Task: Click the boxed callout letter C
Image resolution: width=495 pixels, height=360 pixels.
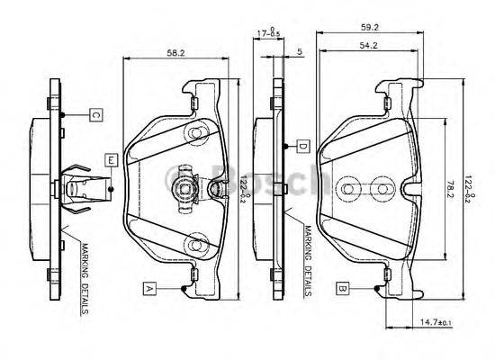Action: (x=94, y=114)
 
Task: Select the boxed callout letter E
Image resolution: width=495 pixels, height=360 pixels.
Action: (x=110, y=160)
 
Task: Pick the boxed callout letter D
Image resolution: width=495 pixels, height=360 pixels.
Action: (x=303, y=146)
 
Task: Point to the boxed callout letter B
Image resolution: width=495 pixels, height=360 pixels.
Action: (x=343, y=288)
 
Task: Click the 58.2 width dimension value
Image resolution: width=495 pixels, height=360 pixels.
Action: (x=175, y=54)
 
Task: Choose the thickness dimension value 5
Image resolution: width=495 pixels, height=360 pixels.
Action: (x=298, y=51)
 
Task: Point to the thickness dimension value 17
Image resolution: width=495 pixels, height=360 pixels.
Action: (x=259, y=33)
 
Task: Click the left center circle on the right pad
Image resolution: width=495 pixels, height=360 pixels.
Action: (x=350, y=189)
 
